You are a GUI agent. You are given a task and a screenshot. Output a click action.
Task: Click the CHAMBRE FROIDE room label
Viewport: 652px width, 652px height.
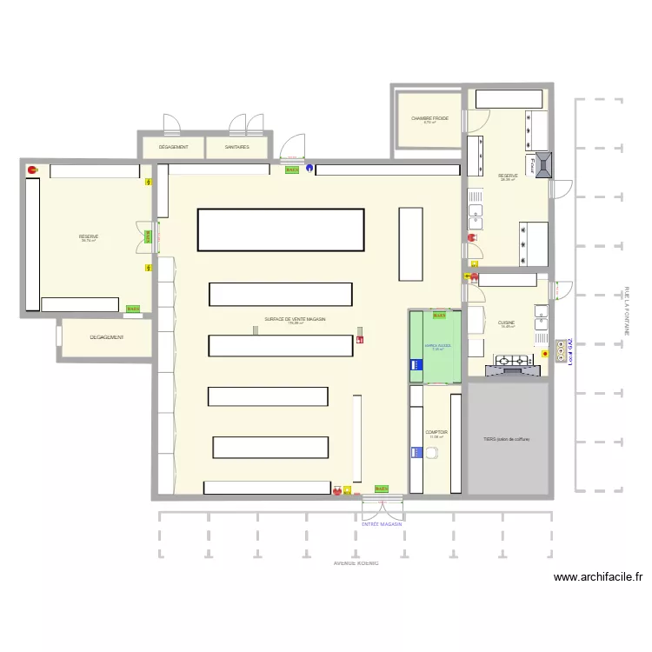click(429, 117)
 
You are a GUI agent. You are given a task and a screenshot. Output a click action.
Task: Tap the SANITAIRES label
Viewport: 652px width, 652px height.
click(236, 147)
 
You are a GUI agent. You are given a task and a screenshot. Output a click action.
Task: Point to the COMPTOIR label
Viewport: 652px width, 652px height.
click(436, 432)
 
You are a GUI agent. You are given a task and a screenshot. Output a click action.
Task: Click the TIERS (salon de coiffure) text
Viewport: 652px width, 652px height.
click(507, 439)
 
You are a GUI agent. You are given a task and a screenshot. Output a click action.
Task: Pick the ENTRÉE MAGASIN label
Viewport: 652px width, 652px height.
click(383, 524)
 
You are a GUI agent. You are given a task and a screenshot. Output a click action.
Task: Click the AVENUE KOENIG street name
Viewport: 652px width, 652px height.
click(356, 562)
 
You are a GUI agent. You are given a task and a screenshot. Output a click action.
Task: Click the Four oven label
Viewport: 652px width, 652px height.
click(529, 165)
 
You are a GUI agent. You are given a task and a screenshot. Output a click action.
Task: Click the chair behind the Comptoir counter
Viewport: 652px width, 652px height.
click(432, 452)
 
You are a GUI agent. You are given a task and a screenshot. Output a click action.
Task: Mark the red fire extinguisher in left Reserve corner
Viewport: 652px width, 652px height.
click(32, 170)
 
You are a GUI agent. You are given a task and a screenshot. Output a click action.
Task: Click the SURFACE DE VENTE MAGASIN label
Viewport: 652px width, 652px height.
click(295, 319)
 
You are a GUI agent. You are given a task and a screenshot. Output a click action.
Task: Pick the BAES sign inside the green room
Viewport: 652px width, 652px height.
click(439, 316)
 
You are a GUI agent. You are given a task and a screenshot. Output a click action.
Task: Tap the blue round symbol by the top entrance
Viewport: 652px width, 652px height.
click(306, 170)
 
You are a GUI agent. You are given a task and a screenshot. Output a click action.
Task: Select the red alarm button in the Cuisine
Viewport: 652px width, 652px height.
click(545, 354)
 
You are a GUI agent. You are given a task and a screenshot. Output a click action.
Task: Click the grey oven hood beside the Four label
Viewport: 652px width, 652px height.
click(544, 164)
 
